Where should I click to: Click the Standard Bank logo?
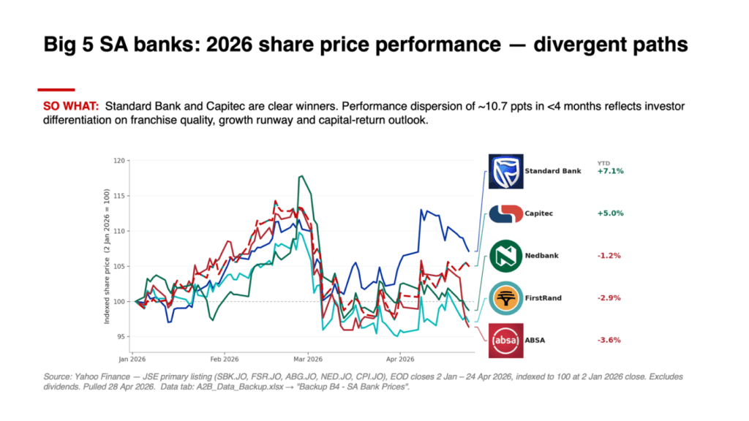(x=506, y=171)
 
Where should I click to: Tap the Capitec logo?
(x=506, y=213)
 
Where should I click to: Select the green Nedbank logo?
(x=506, y=256)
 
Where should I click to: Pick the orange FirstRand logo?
(x=506, y=298)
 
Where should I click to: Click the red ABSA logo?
(x=506, y=341)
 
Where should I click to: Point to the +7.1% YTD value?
(x=611, y=171)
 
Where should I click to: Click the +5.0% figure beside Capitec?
(x=611, y=213)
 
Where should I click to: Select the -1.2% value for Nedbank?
(x=609, y=256)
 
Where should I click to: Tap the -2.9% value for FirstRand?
(x=609, y=298)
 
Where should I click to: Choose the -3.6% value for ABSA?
(x=609, y=341)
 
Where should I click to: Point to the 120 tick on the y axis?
(x=119, y=161)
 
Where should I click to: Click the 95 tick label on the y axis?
(x=121, y=337)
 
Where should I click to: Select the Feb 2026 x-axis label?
(x=225, y=359)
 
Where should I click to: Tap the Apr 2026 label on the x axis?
(x=400, y=359)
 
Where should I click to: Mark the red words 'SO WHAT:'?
(x=71, y=106)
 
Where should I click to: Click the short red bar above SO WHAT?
(x=56, y=89)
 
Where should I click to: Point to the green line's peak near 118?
(x=301, y=176)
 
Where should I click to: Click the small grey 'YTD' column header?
(x=603, y=163)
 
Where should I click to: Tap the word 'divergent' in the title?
(x=575, y=45)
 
